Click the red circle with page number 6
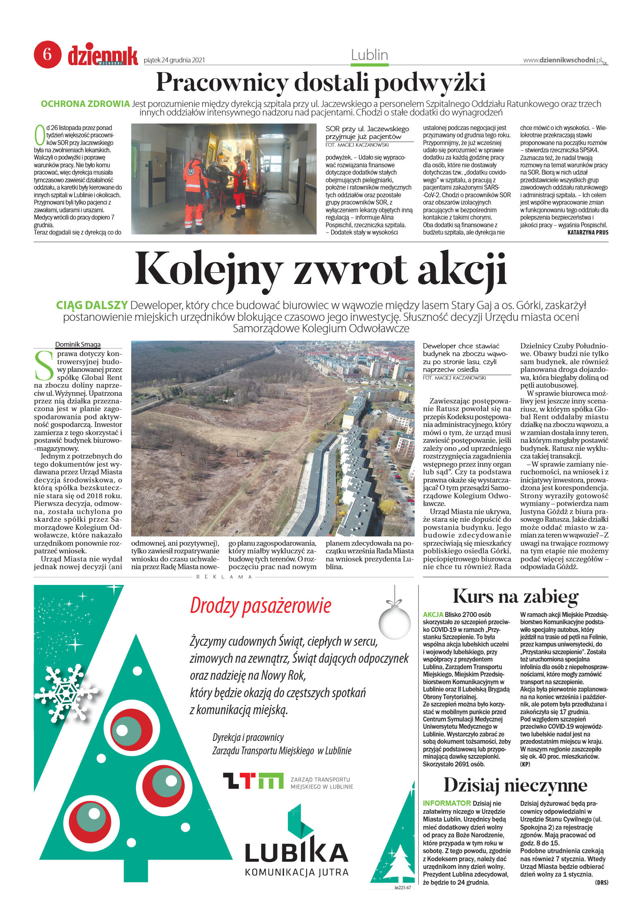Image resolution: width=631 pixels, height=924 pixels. coord(47,54)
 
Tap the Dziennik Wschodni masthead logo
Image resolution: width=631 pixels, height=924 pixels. coord(103,56)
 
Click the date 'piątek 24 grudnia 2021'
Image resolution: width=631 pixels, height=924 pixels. coord(174,60)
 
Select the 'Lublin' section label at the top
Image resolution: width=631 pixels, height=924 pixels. coord(369,55)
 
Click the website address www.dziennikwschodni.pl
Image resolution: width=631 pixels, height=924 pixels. coord(563,60)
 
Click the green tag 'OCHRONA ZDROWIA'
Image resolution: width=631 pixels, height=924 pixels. coord(85,104)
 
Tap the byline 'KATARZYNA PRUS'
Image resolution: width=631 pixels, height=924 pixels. coord(588,233)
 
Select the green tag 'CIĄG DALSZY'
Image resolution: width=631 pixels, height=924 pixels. coord(92,305)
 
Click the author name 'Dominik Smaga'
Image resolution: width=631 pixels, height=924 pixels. coord(78,345)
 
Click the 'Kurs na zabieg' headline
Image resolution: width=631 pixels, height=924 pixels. coord(515,596)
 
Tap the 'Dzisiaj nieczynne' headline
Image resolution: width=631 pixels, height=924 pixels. coord(515,785)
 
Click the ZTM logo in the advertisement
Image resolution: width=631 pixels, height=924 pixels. coord(253,781)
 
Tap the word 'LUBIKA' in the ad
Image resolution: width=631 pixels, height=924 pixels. coord(296,852)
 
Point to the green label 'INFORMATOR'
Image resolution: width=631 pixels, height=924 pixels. coord(446,803)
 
